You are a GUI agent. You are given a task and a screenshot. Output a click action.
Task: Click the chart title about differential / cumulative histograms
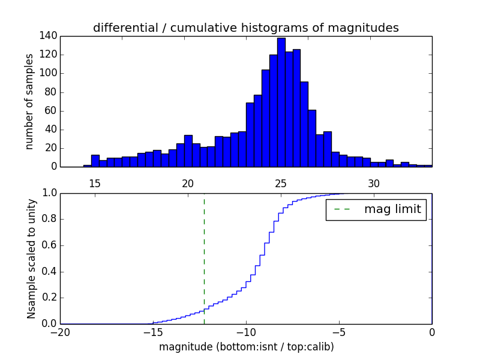[245, 28]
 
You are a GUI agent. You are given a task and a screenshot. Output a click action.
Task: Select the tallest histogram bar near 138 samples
[281, 102]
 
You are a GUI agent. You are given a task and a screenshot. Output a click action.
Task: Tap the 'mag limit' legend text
[392, 209]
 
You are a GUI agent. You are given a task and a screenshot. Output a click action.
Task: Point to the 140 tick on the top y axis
[49, 36]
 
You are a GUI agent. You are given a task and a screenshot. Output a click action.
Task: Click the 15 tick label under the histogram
[95, 183]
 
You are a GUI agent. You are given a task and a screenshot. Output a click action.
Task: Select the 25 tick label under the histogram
[281, 183]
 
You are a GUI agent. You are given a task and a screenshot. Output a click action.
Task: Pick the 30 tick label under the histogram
[374, 183]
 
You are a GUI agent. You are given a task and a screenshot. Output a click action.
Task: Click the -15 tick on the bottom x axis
[153, 332]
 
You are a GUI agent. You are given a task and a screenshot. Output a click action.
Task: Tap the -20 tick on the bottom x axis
[60, 332]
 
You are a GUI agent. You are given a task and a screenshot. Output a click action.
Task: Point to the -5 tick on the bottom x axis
[339, 332]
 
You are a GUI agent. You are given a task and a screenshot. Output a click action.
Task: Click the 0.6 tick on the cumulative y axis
[49, 245]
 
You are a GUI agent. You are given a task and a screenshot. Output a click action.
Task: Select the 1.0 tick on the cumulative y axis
[49, 193]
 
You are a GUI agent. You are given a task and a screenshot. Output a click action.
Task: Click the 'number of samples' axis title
[29, 101]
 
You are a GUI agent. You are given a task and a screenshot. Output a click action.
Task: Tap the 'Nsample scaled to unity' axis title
[31, 259]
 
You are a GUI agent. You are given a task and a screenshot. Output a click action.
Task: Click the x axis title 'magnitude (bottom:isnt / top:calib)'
[246, 347]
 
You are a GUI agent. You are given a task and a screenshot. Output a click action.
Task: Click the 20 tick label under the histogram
[188, 183]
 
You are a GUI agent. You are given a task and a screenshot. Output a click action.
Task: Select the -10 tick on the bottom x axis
[246, 332]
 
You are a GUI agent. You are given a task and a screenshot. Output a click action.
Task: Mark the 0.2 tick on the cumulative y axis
[49, 298]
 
